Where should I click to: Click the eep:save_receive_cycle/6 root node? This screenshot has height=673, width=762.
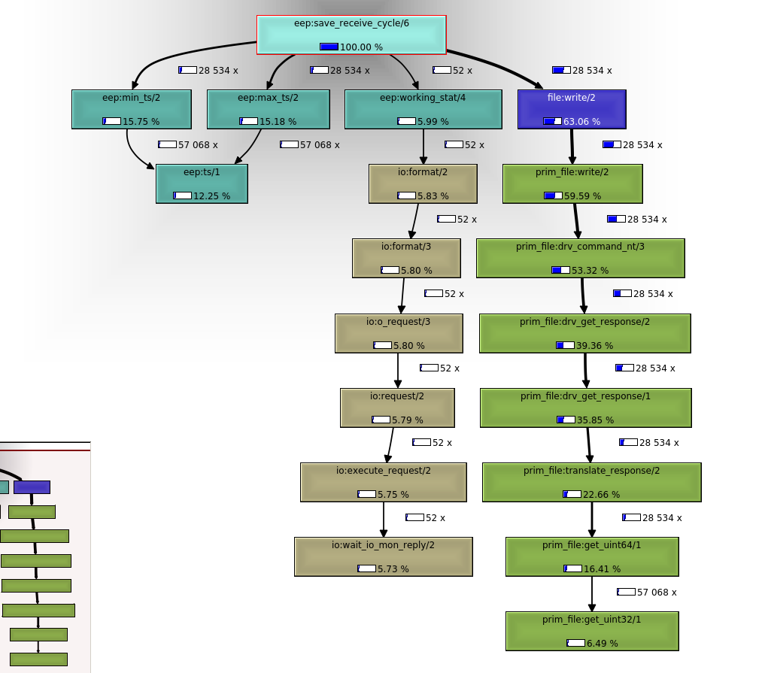pyautogui.click(x=351, y=35)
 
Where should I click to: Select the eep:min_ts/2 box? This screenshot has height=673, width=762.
pyautogui.click(x=132, y=109)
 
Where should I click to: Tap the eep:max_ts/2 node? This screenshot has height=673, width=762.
pyautogui.click(x=268, y=109)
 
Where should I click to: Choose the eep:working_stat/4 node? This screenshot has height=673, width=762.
pyautogui.click(x=423, y=109)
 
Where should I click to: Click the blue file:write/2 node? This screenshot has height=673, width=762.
pyautogui.click(x=572, y=109)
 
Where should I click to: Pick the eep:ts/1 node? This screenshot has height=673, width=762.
pyautogui.click(x=202, y=183)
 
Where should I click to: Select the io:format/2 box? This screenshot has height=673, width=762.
pyautogui.click(x=423, y=183)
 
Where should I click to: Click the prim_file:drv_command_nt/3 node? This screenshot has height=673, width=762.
pyautogui.click(x=580, y=258)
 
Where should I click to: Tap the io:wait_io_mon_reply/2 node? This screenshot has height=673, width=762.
pyautogui.click(x=383, y=556)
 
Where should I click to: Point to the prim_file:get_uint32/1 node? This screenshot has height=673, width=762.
pyautogui.click(x=592, y=631)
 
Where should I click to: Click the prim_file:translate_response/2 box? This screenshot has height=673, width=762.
pyautogui.click(x=591, y=482)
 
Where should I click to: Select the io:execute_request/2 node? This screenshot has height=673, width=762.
pyautogui.click(x=383, y=482)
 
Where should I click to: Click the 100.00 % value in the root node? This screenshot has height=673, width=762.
pyautogui.click(x=361, y=47)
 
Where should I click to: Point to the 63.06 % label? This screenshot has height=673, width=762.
pyautogui.click(x=581, y=122)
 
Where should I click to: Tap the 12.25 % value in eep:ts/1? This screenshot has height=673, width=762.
pyautogui.click(x=211, y=196)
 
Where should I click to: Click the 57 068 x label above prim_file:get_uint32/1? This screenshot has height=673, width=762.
pyautogui.click(x=656, y=593)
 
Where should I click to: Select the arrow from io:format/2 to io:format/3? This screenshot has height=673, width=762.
pyautogui.click(x=413, y=221)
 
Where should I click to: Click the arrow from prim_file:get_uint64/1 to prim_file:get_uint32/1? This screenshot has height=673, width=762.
pyautogui.click(x=592, y=594)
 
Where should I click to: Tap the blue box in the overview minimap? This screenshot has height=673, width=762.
pyautogui.click(x=32, y=487)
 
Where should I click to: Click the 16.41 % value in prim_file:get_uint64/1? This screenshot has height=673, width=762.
pyautogui.click(x=602, y=569)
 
